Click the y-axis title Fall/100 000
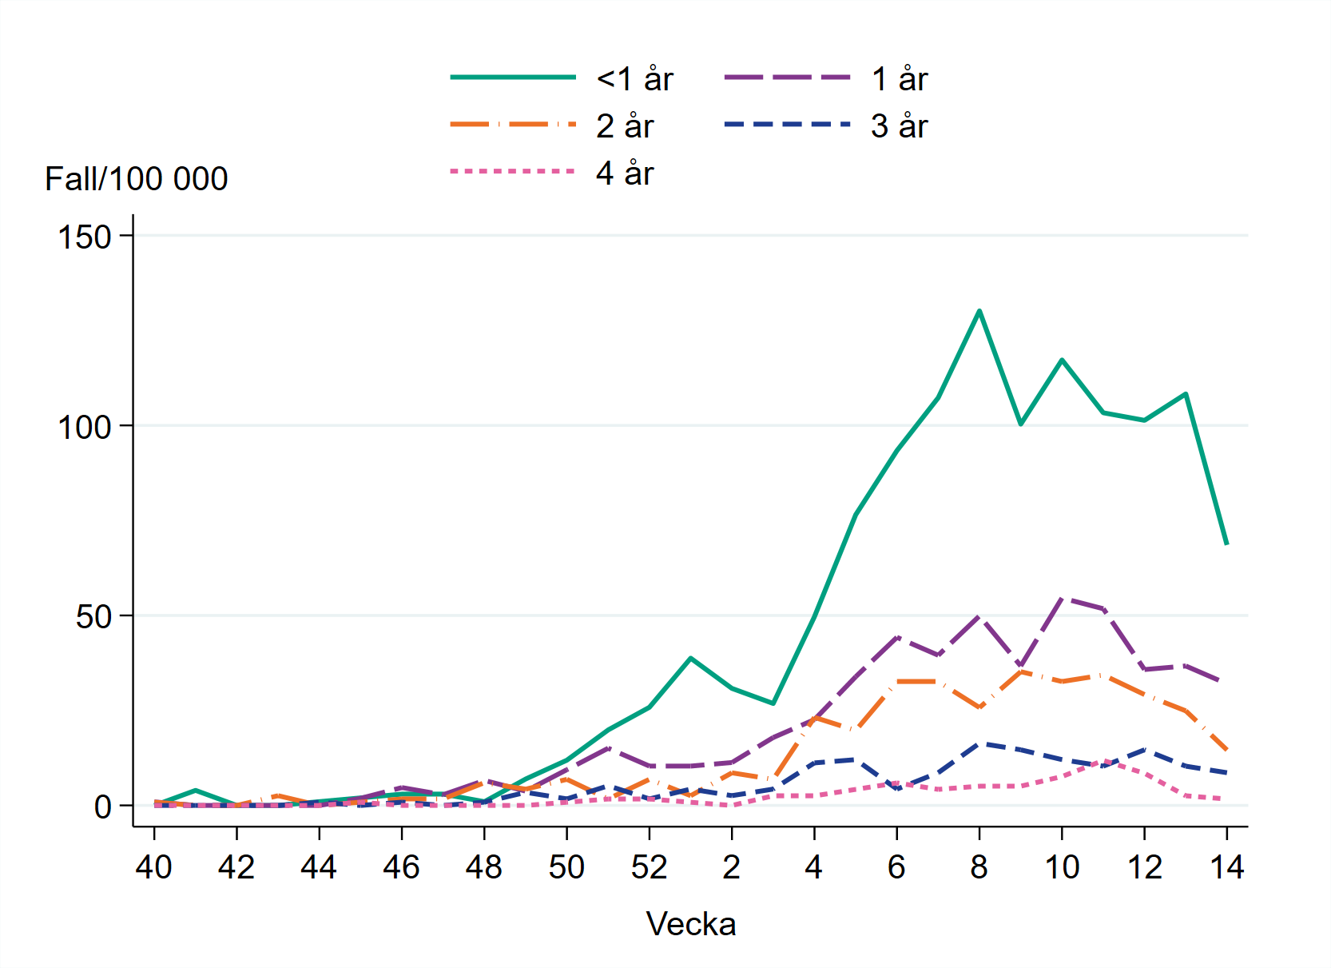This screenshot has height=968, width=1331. pyautogui.click(x=137, y=179)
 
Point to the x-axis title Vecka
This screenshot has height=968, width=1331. pyautogui.click(x=690, y=924)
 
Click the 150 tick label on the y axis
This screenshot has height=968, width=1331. pyautogui.click(x=85, y=237)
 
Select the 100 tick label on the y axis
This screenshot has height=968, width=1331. pyautogui.click(x=85, y=427)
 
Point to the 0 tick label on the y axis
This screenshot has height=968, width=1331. pyautogui.click(x=102, y=807)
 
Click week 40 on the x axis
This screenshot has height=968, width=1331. pyautogui.click(x=153, y=867)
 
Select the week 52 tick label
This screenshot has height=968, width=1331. pyautogui.click(x=649, y=867)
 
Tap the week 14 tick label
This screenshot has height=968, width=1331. pyautogui.click(x=1227, y=867)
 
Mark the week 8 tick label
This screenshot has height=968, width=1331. pyautogui.click(x=979, y=867)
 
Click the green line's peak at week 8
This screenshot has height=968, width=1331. pyautogui.click(x=979, y=311)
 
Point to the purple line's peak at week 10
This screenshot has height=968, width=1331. pyautogui.click(x=1062, y=597)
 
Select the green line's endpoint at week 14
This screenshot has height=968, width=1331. pyautogui.click(x=1226, y=544)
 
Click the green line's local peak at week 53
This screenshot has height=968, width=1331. pyautogui.click(x=690, y=658)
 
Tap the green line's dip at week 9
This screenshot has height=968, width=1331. pyautogui.click(x=1020, y=424)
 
